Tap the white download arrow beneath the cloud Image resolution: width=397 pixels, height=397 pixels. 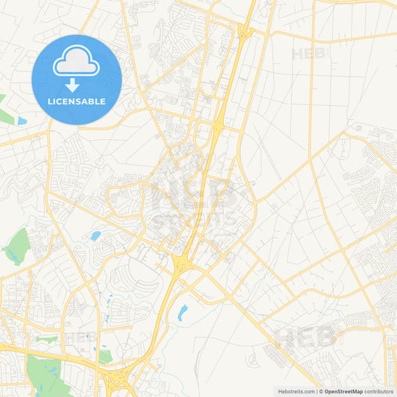click(73, 84)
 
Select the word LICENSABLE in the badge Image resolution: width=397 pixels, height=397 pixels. click(77, 101)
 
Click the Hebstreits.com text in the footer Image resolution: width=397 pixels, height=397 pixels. click(296, 391)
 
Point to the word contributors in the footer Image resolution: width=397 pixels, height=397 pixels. click(379, 391)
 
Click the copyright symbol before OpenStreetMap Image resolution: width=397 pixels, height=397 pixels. click(320, 391)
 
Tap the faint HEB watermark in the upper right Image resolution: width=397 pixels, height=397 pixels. click(308, 54)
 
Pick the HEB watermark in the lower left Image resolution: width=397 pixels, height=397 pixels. click(80, 337)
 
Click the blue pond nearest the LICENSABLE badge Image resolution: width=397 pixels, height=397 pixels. click(22, 120)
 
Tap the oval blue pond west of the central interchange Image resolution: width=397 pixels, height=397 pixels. click(95, 236)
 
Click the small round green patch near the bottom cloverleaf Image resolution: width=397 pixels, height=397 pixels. click(105, 357)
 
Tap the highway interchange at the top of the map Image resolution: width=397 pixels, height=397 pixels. click(243, 31)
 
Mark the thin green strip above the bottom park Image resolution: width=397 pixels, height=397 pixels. click(46, 340)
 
